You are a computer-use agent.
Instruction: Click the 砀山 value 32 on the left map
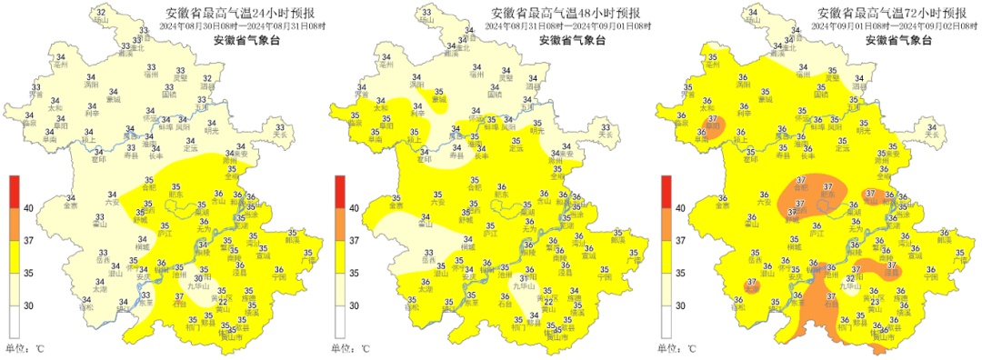pyautogui.click(x=101, y=12)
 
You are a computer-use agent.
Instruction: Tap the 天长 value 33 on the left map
pyautogui.click(x=279, y=128)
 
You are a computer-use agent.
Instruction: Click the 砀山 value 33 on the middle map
pyautogui.click(x=427, y=12)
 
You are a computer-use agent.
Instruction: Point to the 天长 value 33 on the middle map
pyautogui.click(x=605, y=128)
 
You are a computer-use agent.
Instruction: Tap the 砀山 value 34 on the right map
pyautogui.click(x=753, y=12)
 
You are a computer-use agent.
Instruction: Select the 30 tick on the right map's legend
pyautogui.click(x=681, y=306)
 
